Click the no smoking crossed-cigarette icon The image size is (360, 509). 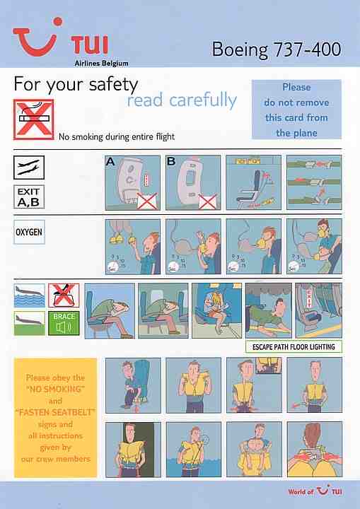tap(33, 119)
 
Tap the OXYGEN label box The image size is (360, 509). tap(29, 232)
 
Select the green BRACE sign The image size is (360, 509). tap(64, 323)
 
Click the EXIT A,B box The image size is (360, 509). tap(29, 197)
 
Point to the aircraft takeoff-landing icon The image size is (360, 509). tap(29, 167)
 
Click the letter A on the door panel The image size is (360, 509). tap(110, 161)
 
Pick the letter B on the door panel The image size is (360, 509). tap(171, 161)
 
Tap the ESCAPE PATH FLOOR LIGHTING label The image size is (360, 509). tap(294, 346)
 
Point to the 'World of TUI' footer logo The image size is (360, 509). tap(315, 491)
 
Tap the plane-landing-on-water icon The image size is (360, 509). tap(29, 296)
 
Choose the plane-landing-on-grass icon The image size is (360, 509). tap(29, 323)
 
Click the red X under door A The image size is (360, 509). tap(147, 201)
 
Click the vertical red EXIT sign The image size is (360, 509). tap(309, 299)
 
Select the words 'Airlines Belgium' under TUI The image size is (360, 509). tap(101, 64)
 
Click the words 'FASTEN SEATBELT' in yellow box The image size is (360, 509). tap(56, 412)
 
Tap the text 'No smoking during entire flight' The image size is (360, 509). tap(117, 136)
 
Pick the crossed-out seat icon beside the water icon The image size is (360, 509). tap(64, 296)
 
